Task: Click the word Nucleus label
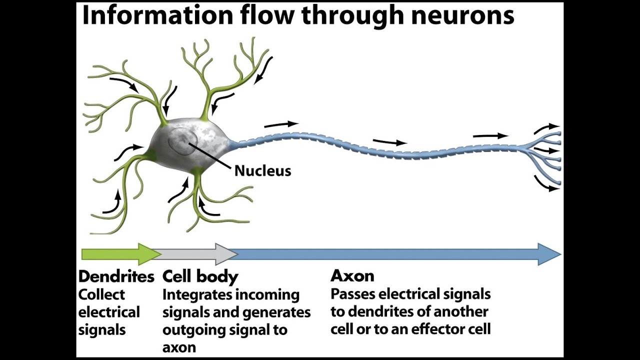pyautogui.click(x=262, y=171)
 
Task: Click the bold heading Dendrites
pyautogui.click(x=116, y=276)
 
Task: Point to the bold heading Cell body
pyautogui.click(x=200, y=276)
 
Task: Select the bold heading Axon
pyautogui.click(x=352, y=276)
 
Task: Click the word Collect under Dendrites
pyautogui.click(x=101, y=295)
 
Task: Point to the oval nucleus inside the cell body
pyautogui.click(x=180, y=141)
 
